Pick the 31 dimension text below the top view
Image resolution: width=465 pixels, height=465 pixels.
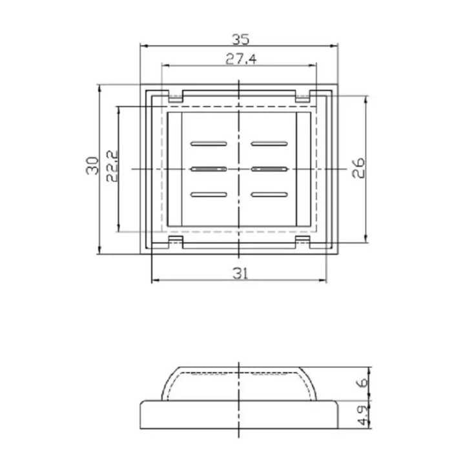pyautogui.click(x=240, y=273)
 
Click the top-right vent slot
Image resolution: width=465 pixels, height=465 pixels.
pyautogui.click(x=269, y=142)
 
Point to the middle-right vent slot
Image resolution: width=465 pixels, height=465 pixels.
pyautogui.click(x=269, y=169)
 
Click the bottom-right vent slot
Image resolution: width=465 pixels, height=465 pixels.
pyautogui.click(x=269, y=194)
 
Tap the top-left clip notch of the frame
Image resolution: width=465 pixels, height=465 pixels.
pyautogui.click(x=175, y=97)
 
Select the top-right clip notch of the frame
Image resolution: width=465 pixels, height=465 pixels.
pyautogui.click(x=304, y=97)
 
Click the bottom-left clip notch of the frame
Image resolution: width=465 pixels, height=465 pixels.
pyautogui.click(x=175, y=241)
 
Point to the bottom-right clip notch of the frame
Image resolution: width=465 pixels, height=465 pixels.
pyautogui.click(x=304, y=241)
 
